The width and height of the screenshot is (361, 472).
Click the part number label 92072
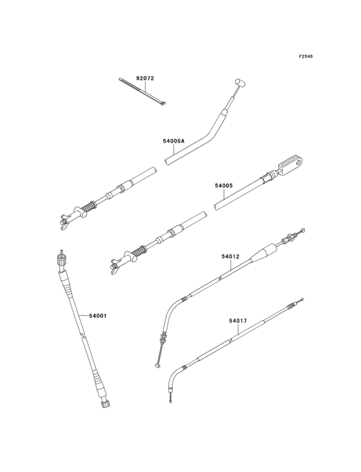pos(145,79)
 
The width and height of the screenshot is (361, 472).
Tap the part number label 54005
pos(223,186)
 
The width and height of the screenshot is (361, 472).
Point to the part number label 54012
pos(230,256)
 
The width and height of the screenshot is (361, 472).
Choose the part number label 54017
pos(238,319)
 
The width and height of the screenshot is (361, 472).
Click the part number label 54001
pos(97,315)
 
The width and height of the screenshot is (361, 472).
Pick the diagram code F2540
pos(306,57)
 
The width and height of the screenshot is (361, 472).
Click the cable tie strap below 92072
pos(143,92)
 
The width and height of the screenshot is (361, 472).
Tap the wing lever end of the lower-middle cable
pos(117,264)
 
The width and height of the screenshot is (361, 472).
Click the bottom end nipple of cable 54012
pos(157,366)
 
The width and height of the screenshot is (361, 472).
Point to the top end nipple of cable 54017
pos(298,303)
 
